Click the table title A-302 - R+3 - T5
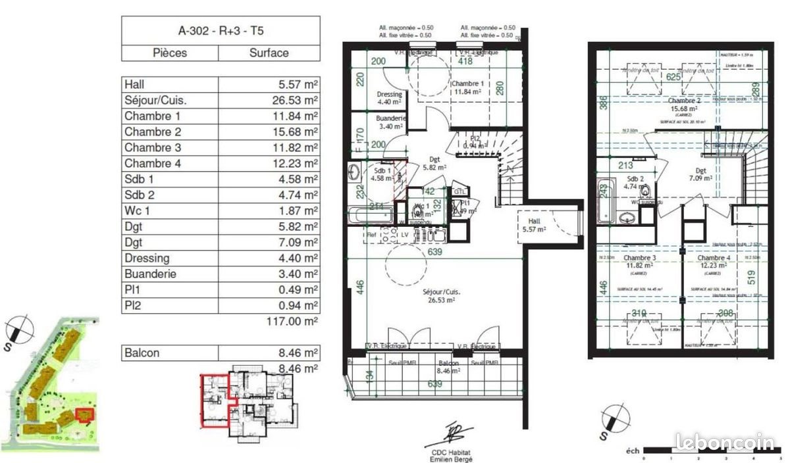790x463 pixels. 221,30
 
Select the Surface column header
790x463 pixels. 269,53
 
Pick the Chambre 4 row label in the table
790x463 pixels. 153,163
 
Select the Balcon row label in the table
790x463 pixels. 142,353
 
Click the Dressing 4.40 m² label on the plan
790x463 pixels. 389,98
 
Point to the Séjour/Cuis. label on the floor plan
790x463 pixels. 440,295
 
